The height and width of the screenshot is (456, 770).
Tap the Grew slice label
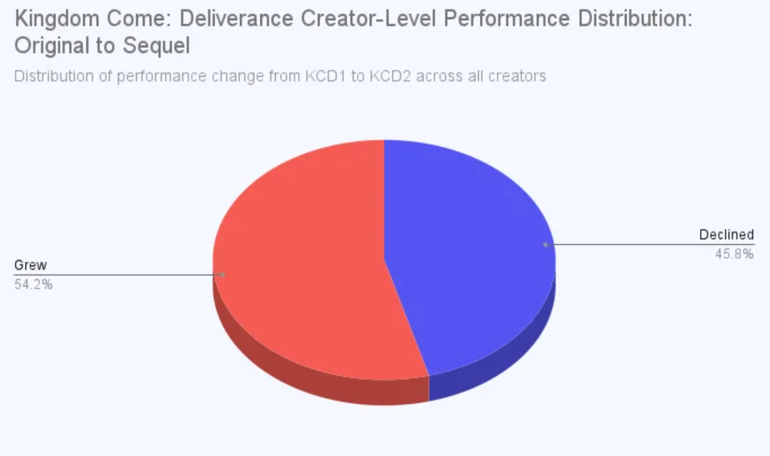click(x=30, y=265)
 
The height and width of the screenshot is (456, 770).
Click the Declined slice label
click(x=727, y=235)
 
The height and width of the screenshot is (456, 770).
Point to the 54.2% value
click(x=33, y=284)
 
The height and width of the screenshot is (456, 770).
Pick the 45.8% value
click(x=734, y=254)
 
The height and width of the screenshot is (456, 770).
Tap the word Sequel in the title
click(x=156, y=46)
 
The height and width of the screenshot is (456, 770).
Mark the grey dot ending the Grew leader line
click(x=222, y=275)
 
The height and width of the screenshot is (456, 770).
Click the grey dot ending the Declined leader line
click(x=545, y=245)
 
